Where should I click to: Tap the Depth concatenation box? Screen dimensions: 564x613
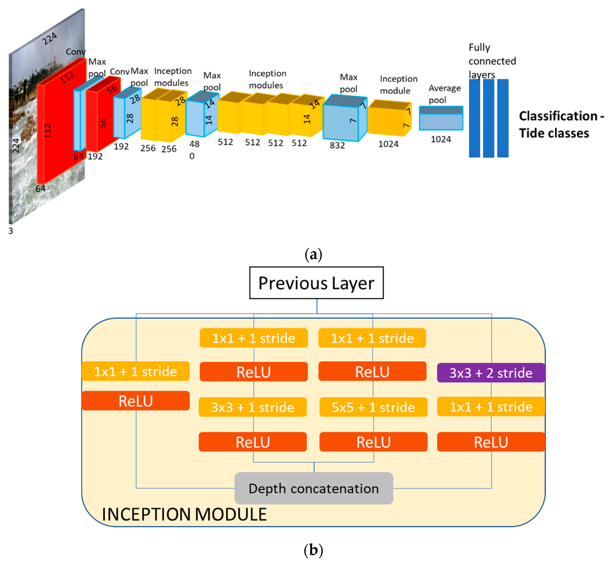click(313, 488)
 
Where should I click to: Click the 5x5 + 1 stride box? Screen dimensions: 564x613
click(373, 407)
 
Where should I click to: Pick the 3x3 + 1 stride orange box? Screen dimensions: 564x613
click(252, 407)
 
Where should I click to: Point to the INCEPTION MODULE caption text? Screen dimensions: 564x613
click(184, 514)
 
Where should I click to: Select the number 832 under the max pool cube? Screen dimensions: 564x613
click(337, 145)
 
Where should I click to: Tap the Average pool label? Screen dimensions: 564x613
click(444, 94)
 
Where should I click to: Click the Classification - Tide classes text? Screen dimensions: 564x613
click(561, 124)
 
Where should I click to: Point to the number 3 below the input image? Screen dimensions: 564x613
click(11, 231)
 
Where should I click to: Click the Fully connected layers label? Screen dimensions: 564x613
click(492, 61)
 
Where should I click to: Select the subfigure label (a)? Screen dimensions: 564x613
click(313, 254)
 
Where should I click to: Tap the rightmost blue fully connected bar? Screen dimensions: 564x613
click(503, 118)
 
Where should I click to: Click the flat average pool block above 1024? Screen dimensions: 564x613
click(441, 118)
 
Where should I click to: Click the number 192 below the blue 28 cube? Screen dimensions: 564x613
click(121, 147)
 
